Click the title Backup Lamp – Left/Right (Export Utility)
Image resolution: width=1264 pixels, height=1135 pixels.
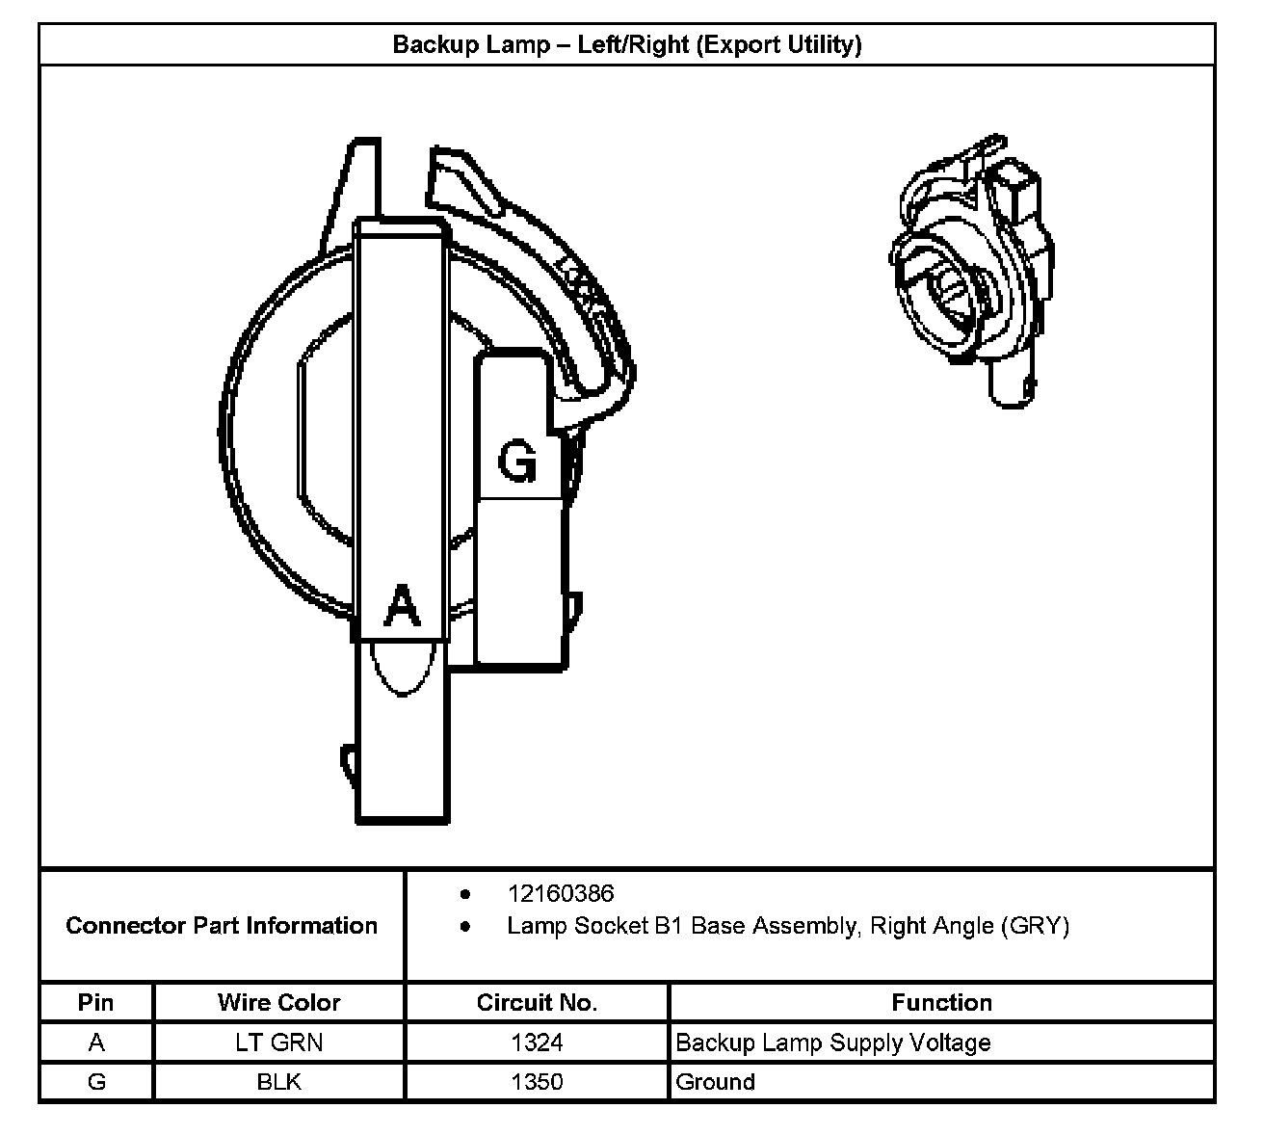pyautogui.click(x=626, y=44)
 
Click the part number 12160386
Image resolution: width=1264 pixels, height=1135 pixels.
pyautogui.click(x=561, y=893)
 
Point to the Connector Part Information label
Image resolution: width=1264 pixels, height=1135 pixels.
pyautogui.click(x=222, y=926)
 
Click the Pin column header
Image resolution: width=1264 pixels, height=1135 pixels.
pyautogui.click(x=95, y=1002)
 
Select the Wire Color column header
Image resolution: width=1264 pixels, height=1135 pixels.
pyautogui.click(x=278, y=1002)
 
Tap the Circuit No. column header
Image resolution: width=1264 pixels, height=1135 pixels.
pyautogui.click(x=537, y=1002)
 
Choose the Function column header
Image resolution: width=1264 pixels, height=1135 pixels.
pyautogui.click(x=941, y=1002)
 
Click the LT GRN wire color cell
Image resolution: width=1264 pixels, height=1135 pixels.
pyautogui.click(x=278, y=1043)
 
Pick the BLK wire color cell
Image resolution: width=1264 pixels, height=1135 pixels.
pyautogui.click(x=278, y=1082)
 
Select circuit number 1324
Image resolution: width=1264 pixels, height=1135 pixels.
pyautogui.click(x=537, y=1043)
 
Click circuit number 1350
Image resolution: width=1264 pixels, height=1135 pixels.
pyautogui.click(x=537, y=1082)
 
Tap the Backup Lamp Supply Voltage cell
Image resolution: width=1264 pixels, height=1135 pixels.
pyautogui.click(x=832, y=1043)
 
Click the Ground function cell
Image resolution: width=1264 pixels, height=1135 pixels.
pyautogui.click(x=715, y=1082)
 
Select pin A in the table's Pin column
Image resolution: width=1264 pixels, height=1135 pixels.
pyautogui.click(x=95, y=1043)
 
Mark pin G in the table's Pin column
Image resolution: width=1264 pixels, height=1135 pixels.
pyautogui.click(x=95, y=1082)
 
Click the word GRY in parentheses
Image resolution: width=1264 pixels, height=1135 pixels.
pyautogui.click(x=1036, y=926)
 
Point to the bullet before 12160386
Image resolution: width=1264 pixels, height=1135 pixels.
pyautogui.click(x=466, y=893)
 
